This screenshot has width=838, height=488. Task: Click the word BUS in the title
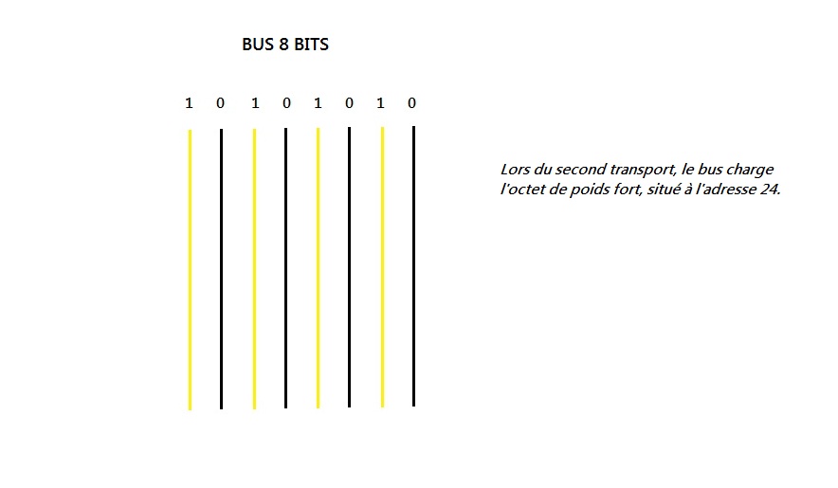coord(259,45)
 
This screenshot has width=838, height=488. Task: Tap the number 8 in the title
coord(283,45)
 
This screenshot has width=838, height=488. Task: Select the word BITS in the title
coord(310,45)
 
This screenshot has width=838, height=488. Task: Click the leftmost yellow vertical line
coord(190,270)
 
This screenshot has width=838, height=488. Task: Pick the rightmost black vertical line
coord(413,265)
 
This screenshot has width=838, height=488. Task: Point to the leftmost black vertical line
coord(221,270)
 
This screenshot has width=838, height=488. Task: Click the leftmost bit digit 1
coord(189,102)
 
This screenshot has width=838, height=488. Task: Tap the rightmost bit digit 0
coord(411,102)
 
